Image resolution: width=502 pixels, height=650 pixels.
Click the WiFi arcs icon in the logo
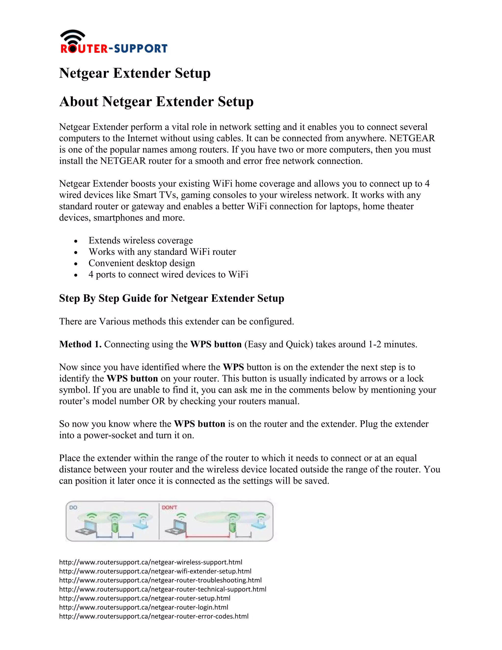click(73, 36)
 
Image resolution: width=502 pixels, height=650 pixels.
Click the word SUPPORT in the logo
click(141, 49)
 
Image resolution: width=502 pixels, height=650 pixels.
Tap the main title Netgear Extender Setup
click(135, 73)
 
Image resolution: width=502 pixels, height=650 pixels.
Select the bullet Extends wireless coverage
click(140, 240)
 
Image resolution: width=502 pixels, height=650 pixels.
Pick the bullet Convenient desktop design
click(142, 263)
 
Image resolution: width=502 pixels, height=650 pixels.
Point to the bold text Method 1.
click(80, 344)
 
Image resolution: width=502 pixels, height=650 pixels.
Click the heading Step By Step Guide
click(171, 298)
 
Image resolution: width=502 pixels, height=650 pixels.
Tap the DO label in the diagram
click(73, 507)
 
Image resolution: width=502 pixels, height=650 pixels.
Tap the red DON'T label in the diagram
click(169, 507)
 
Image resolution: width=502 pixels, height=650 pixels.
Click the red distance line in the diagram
click(207, 537)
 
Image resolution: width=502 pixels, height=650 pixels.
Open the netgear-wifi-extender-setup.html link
click(155, 571)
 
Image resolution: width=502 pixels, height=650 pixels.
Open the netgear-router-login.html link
click(143, 607)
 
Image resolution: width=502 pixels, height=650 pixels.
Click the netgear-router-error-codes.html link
click(153, 616)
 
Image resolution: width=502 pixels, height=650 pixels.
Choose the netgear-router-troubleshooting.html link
click(160, 580)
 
